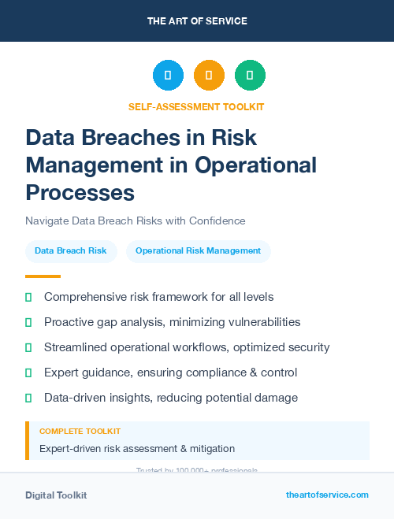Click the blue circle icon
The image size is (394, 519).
coord(168,76)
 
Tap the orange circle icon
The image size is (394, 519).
coord(209,76)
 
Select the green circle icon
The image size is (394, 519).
coord(250,76)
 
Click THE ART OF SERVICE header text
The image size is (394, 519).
coord(196,20)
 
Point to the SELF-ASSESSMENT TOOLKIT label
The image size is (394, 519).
coord(196,106)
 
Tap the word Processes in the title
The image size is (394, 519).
coord(80,191)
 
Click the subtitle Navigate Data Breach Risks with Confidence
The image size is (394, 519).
coord(135,221)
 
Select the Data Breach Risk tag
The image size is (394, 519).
coord(71,251)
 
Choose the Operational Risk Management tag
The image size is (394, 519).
coord(198,251)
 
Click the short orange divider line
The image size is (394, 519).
coord(43,276)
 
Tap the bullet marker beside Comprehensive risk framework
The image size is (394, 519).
coord(28,298)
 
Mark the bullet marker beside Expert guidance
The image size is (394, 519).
coord(28,373)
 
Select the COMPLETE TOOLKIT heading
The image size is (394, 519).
coord(80,432)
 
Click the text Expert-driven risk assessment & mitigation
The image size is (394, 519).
coord(137,448)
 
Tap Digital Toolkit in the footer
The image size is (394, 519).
coord(56,495)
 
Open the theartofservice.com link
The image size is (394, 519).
coord(327,495)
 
